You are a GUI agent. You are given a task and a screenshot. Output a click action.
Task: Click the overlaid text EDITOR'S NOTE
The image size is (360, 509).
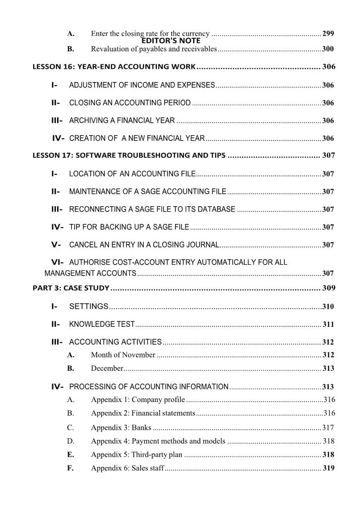170,41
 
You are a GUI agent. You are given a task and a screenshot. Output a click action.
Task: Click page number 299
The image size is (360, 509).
328,34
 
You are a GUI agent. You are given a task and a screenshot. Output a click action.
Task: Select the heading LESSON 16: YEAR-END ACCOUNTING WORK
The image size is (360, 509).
114,67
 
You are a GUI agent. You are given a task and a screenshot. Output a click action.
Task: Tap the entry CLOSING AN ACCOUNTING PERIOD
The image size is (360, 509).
130,103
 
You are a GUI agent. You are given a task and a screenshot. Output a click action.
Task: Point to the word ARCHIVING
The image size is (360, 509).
87,121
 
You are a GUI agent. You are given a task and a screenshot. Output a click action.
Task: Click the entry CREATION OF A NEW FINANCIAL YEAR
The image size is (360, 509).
137,138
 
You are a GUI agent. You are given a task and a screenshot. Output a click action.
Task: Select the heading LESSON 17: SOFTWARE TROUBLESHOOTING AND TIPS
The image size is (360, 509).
129,155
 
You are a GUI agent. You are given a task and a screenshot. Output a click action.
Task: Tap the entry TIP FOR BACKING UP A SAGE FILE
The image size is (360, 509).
129,227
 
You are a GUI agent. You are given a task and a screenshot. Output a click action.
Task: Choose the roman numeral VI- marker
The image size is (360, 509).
57,262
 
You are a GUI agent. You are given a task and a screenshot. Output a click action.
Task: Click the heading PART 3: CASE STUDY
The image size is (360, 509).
71,288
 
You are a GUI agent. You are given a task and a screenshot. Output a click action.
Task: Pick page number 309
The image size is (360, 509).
328,288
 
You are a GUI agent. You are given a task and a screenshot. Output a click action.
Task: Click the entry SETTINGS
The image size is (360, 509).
88,306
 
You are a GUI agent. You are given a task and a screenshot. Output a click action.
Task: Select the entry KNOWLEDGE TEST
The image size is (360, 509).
102,325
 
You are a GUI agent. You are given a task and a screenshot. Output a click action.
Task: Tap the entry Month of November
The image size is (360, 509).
123,355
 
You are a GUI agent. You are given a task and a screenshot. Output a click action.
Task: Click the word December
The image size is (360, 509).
107,368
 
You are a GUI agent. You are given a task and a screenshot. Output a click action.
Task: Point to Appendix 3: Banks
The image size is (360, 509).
121,427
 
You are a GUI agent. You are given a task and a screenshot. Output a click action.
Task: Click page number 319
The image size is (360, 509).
328,468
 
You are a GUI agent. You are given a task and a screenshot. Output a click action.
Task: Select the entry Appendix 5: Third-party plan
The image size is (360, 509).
136,455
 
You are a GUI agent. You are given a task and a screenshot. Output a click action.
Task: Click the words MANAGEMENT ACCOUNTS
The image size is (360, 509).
90,273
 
